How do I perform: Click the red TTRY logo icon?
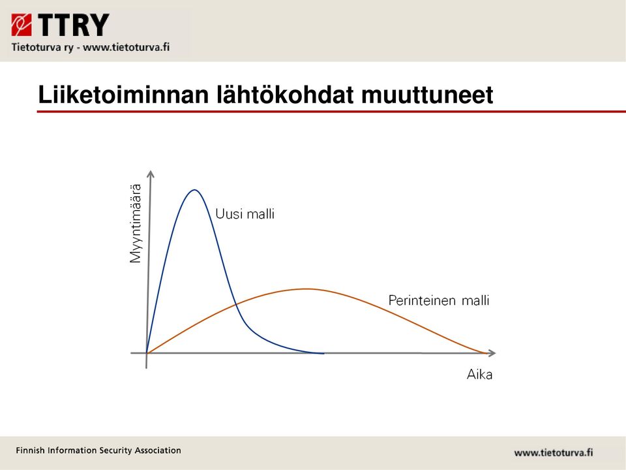pos(21,25)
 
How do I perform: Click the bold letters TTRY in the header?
pos(74,25)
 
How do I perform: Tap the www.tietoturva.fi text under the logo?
pos(126,47)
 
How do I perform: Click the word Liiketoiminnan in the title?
pos(123,95)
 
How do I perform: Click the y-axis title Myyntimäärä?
pos(136,223)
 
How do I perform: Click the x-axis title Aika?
pos(479,375)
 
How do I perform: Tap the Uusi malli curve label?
pos(245,214)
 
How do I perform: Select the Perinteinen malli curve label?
pos(439,300)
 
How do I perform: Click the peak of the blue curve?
pos(194,190)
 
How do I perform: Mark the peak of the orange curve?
pos(306,289)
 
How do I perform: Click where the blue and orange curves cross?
pos(236,305)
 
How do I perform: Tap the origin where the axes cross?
pos(147,353)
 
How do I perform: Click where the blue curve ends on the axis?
pos(323,353)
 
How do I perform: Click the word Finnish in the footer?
pos(31,450)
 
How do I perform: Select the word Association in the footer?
pos(158,450)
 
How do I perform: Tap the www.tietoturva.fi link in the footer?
pos(554,453)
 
